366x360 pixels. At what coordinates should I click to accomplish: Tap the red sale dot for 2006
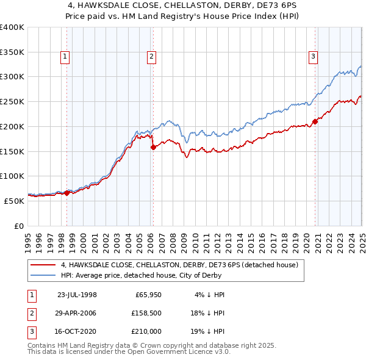point(153,146)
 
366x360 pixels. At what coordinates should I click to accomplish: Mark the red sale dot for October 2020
point(315,121)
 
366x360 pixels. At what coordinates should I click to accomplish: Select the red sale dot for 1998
point(66,193)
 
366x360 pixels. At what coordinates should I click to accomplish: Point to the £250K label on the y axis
point(12,101)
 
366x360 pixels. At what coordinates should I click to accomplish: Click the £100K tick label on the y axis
point(12,176)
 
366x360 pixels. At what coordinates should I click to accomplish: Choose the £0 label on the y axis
point(18,225)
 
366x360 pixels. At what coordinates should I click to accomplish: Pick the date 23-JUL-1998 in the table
point(77,294)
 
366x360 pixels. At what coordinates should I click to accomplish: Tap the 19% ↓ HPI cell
point(207,332)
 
